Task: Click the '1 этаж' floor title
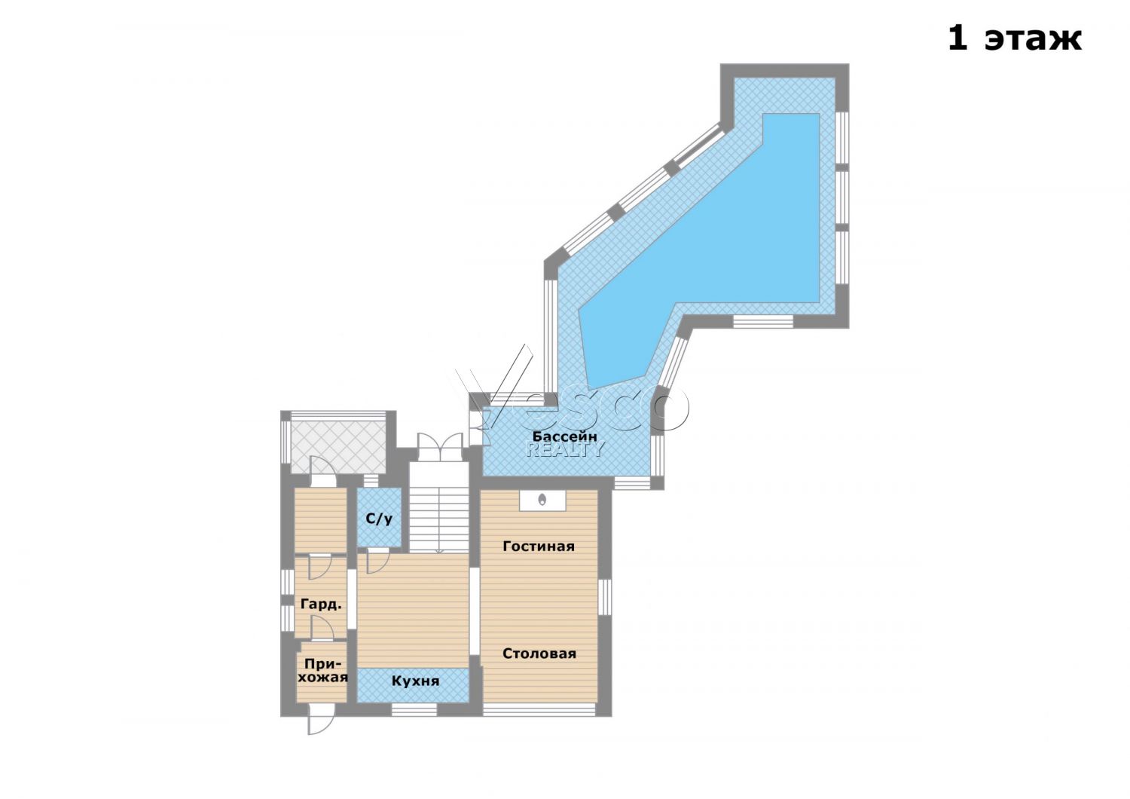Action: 1015,38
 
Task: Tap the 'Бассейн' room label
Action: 565,436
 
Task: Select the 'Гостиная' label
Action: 539,546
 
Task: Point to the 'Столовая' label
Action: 539,654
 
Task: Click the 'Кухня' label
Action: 416,681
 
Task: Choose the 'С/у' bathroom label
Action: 379,519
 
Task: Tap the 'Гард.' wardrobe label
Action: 321,605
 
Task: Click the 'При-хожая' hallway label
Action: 322,670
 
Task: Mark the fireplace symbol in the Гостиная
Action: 542,501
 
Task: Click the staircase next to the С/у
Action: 439,507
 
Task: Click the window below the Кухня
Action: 414,710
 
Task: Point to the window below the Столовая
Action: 539,710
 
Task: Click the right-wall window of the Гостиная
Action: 604,597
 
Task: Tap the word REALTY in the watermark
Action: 564,449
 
